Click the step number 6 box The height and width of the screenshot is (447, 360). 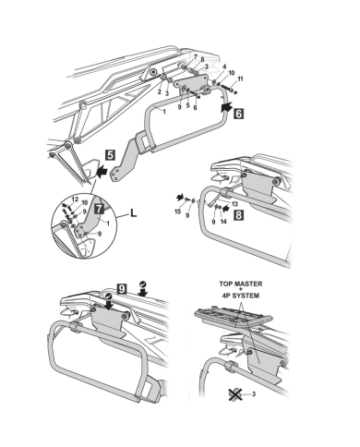(238, 113)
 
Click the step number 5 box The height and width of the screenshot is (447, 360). (110, 155)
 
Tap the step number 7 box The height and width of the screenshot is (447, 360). (99, 209)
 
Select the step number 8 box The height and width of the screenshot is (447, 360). (238, 214)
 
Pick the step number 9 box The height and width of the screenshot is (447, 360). (122, 289)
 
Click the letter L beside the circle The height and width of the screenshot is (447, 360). (133, 212)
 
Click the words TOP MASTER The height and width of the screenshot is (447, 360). (241, 284)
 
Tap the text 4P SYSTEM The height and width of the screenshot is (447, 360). (241, 296)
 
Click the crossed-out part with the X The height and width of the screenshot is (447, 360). (235, 394)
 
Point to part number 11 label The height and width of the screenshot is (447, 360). (240, 79)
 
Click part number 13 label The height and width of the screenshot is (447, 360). (234, 203)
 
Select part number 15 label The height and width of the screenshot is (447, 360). (177, 211)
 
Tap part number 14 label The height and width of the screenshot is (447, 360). (223, 221)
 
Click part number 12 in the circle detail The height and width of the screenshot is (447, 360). (75, 199)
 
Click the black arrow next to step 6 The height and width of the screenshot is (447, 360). (226, 107)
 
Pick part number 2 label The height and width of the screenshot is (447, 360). (160, 91)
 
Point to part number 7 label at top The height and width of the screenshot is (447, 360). (195, 56)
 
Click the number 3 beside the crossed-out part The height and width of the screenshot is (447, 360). (254, 393)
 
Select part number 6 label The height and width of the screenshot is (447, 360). (195, 108)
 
